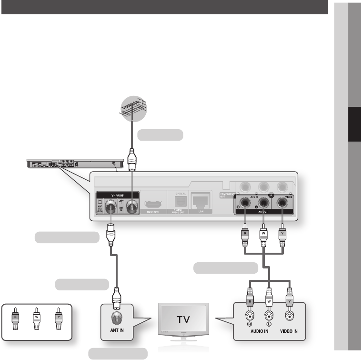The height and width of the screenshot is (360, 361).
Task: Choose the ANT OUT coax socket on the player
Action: [x=110, y=206]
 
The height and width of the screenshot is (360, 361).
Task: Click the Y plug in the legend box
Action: [x=59, y=319]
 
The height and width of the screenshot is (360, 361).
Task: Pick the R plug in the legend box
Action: [x=16, y=319]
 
